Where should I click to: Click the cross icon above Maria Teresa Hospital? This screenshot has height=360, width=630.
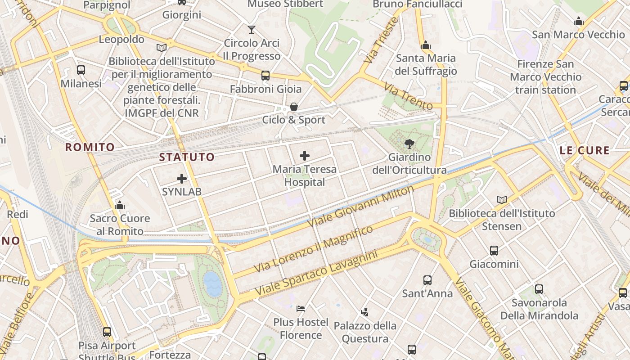click(x=305, y=156)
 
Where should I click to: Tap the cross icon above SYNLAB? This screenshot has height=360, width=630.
click(x=182, y=179)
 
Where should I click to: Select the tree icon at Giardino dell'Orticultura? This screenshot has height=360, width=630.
click(x=409, y=144)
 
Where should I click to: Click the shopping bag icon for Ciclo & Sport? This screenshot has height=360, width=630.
click(x=294, y=107)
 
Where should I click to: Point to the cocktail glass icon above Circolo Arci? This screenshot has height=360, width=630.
click(x=252, y=30)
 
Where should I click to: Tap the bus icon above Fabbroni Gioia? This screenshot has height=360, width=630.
click(x=265, y=76)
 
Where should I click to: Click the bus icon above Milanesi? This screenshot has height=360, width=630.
click(x=81, y=70)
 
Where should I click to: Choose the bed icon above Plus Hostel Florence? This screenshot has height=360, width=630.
click(x=301, y=309)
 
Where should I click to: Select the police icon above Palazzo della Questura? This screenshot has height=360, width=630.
click(x=365, y=312)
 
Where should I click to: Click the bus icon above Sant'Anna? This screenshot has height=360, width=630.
click(x=427, y=280)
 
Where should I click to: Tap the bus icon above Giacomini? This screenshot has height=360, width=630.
click(x=494, y=251)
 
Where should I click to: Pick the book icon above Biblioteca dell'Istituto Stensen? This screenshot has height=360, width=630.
click(x=502, y=200)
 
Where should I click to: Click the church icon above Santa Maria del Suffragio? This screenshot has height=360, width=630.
click(x=426, y=45)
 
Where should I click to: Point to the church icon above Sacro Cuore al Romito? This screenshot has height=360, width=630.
click(x=120, y=206)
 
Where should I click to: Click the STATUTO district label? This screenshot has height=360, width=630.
click(x=187, y=157)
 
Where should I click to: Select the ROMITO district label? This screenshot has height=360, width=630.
click(x=90, y=147)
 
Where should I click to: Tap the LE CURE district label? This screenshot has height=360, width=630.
click(x=585, y=150)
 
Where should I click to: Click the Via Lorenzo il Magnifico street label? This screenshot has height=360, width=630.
click(x=314, y=249)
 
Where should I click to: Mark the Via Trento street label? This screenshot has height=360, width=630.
click(x=409, y=95)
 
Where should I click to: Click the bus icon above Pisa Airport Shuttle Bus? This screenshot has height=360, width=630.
click(x=107, y=332)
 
